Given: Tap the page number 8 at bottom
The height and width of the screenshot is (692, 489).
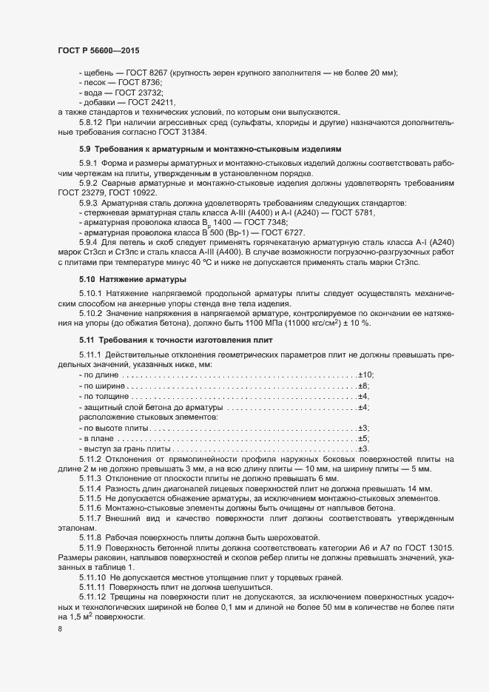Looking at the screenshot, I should (59, 629).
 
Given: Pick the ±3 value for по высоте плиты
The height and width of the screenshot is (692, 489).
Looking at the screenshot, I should (363, 429).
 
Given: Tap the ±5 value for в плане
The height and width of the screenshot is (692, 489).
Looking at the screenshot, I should (363, 439).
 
